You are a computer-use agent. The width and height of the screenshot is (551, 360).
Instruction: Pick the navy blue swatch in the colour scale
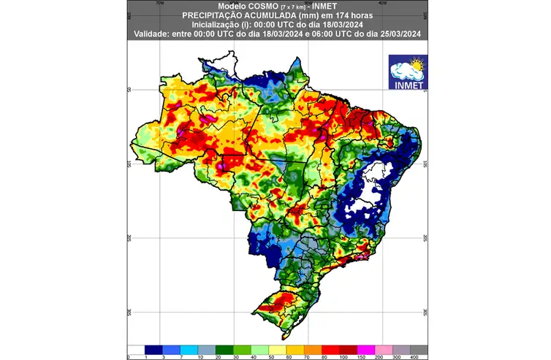152,349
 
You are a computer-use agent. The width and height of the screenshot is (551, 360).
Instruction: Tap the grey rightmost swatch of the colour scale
419,349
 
